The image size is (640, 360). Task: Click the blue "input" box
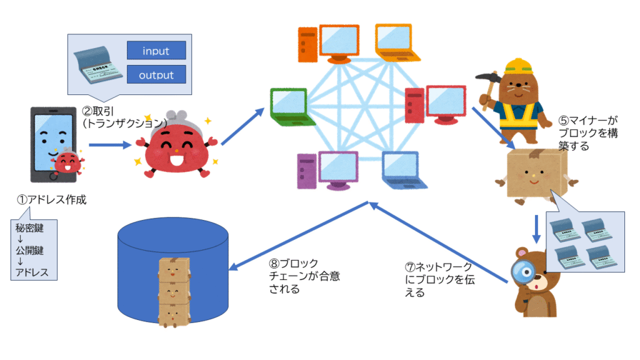tap(156, 51)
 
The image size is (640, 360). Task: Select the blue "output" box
tap(156, 75)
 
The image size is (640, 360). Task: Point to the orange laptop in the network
tap(394, 41)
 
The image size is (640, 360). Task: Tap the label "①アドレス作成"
tap(51, 201)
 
